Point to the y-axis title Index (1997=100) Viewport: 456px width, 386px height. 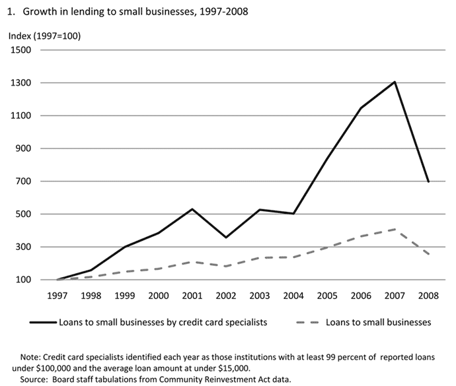(44, 36)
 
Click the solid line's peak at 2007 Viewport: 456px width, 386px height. (395, 82)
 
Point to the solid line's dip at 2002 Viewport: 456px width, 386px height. (227, 238)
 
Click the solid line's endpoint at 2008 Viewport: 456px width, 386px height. (429, 182)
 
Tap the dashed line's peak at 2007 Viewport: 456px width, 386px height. (395, 230)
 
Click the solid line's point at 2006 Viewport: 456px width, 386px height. (361, 108)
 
